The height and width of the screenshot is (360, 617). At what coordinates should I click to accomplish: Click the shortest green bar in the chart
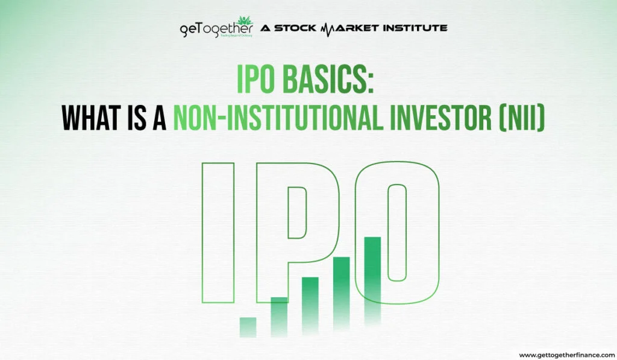[248, 326]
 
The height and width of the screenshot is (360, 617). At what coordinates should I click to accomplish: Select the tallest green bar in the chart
[372, 277]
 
